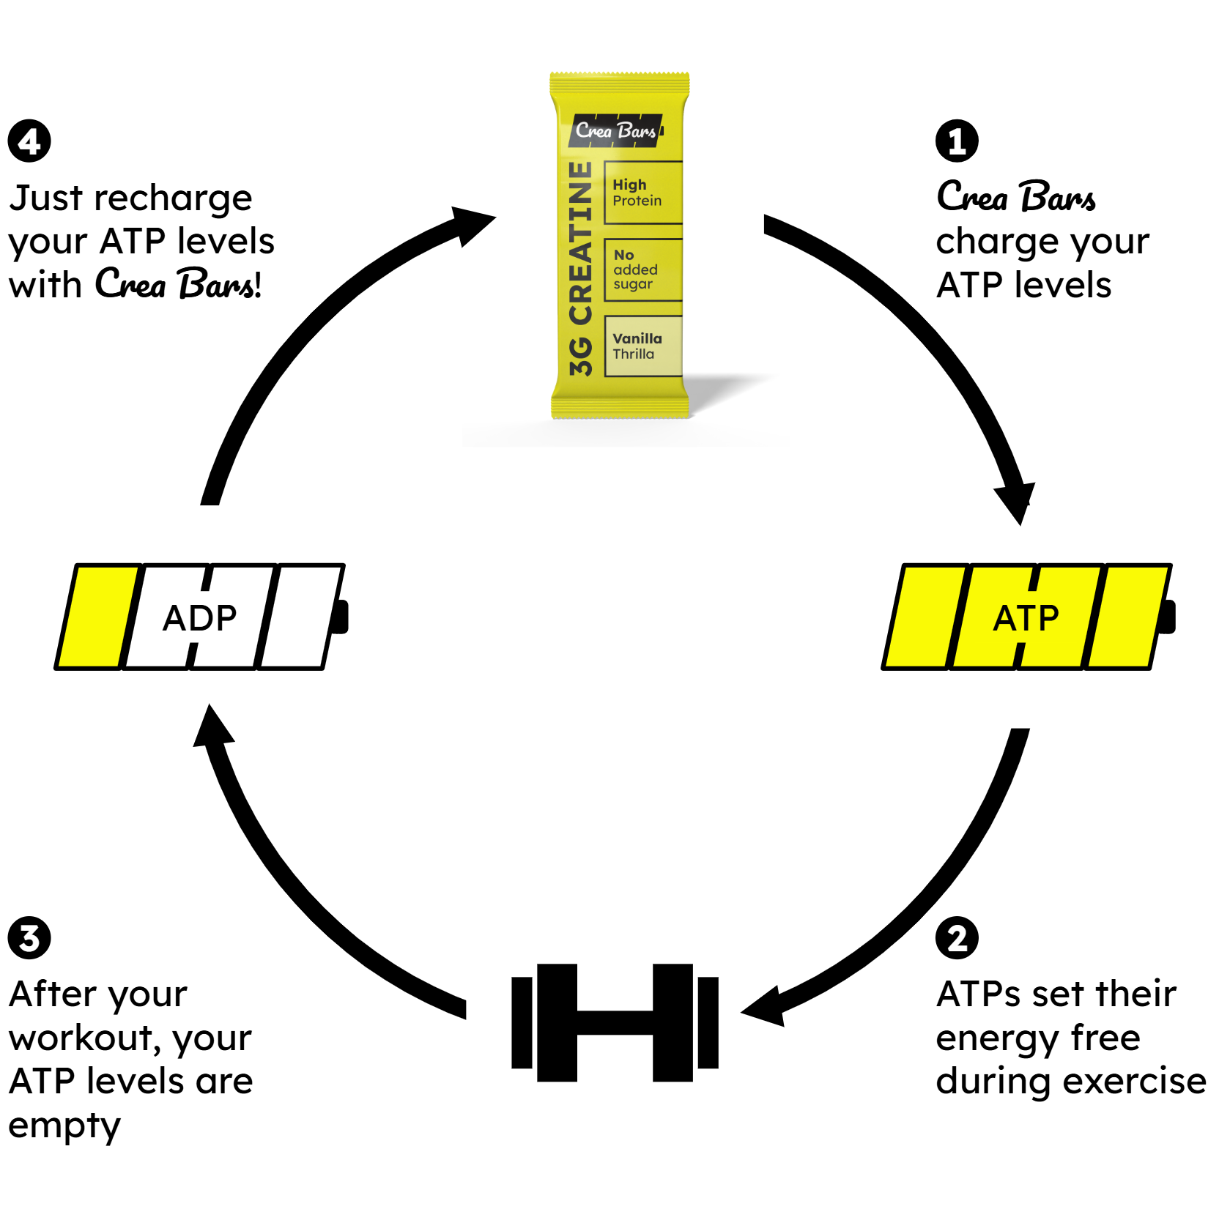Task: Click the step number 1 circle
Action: (957, 141)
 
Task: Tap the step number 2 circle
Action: (957, 938)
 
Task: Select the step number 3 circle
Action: (29, 938)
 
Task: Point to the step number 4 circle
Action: (29, 141)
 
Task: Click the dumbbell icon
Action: (615, 1022)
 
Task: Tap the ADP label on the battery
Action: (199, 618)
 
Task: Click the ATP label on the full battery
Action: (1026, 618)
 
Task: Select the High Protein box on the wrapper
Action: (643, 192)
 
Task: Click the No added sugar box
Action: (643, 269)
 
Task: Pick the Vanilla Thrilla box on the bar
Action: (643, 346)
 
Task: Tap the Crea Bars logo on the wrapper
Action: (616, 130)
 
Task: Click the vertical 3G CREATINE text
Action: (580, 269)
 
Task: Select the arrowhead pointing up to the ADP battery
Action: (212, 726)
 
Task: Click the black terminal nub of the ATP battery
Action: (1168, 617)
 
